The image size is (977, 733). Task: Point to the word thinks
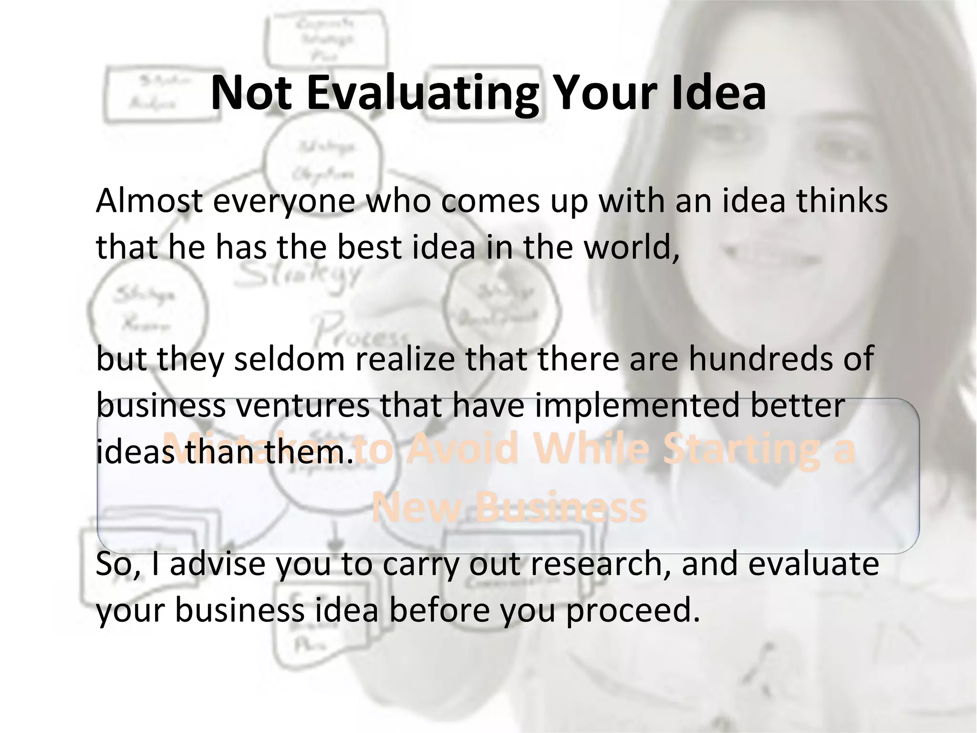(842, 201)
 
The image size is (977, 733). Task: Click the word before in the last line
(439, 610)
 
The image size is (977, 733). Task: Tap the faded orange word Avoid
(461, 450)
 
